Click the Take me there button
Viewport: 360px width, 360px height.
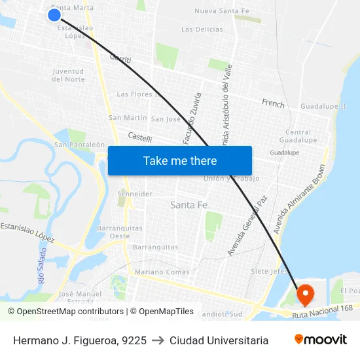click(x=180, y=160)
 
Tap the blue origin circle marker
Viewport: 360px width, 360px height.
click(x=54, y=15)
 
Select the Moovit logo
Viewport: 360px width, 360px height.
click(x=321, y=340)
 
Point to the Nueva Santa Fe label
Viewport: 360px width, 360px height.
click(x=222, y=11)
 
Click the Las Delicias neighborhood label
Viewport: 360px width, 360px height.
click(x=202, y=29)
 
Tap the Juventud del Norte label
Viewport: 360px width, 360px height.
click(x=68, y=75)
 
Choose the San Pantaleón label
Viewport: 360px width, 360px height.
click(x=79, y=145)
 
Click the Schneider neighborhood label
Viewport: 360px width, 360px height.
click(x=135, y=194)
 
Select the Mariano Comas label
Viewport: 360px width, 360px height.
click(x=162, y=272)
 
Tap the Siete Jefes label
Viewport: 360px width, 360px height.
click(x=270, y=271)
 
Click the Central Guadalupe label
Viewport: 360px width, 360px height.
click(x=298, y=136)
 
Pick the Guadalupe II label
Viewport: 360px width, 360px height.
click(x=323, y=106)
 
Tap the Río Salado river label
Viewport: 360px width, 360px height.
click(x=43, y=265)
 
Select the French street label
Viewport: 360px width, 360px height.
click(x=273, y=103)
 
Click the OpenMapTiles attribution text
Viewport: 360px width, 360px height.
click(x=162, y=312)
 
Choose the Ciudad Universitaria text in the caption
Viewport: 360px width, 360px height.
click(x=219, y=340)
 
